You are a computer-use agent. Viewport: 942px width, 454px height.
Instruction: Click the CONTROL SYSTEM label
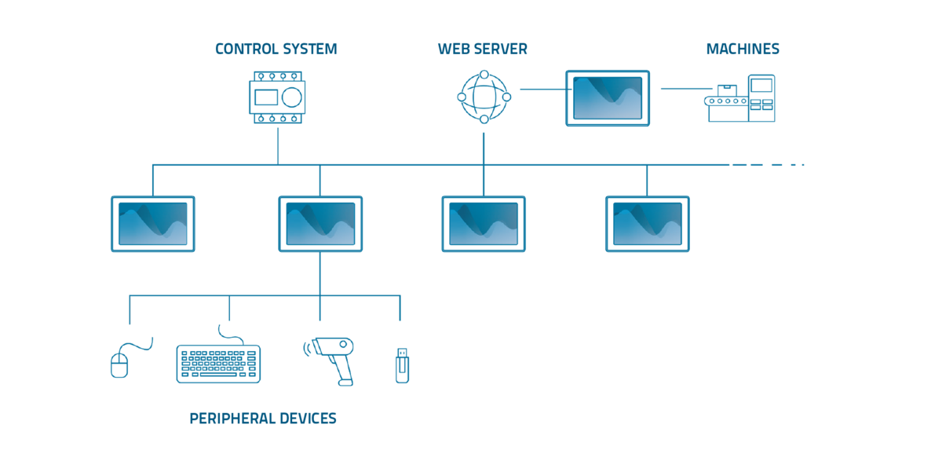[x=276, y=49]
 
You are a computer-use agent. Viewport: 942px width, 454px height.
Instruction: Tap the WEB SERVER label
[x=482, y=49]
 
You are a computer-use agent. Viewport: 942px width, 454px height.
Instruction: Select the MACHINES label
[x=742, y=49]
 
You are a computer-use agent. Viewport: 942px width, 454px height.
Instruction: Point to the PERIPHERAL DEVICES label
[x=263, y=418]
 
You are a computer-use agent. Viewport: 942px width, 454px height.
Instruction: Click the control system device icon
[x=278, y=97]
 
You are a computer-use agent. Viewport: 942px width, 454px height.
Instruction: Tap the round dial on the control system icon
[x=291, y=97]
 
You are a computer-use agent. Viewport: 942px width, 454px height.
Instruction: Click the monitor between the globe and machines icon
[x=608, y=97]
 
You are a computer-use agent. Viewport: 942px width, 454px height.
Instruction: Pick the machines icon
[x=740, y=99]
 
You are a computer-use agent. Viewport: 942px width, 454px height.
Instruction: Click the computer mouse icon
[x=119, y=364]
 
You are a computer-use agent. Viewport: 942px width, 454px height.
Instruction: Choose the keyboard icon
[x=218, y=363]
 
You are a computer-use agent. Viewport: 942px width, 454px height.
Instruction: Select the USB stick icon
[x=402, y=366]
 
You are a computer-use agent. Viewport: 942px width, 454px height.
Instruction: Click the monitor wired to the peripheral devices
[x=320, y=224]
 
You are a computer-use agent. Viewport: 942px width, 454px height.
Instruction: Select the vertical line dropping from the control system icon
[x=278, y=145]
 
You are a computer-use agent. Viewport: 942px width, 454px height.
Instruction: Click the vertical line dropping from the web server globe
[x=484, y=146]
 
